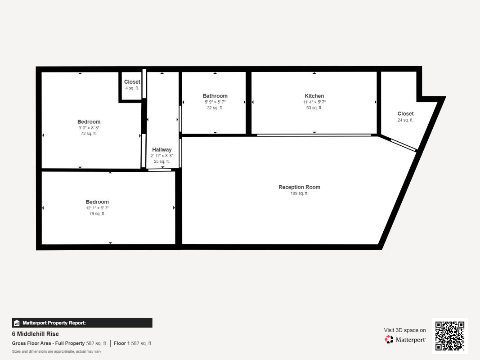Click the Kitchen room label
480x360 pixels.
(314, 96)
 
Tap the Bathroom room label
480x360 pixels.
(215, 96)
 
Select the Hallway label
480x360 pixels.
(161, 150)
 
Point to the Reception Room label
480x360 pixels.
(300, 187)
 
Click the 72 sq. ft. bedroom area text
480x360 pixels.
(89, 134)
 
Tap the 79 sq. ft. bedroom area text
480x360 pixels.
(97, 214)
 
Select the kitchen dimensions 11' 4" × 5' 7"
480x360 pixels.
(314, 102)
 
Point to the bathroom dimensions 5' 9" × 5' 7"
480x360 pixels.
(215, 102)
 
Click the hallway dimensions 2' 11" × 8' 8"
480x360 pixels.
(161, 156)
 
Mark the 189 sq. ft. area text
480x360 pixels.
(300, 193)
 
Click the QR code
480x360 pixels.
(450, 336)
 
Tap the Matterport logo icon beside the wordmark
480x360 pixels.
(389, 339)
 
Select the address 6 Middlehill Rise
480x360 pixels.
(35, 334)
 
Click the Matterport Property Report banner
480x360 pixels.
(82, 323)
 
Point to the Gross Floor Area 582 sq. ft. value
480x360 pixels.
(97, 343)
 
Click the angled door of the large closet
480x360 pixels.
(404, 145)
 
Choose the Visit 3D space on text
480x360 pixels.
(405, 330)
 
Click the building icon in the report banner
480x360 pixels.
(17, 323)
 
